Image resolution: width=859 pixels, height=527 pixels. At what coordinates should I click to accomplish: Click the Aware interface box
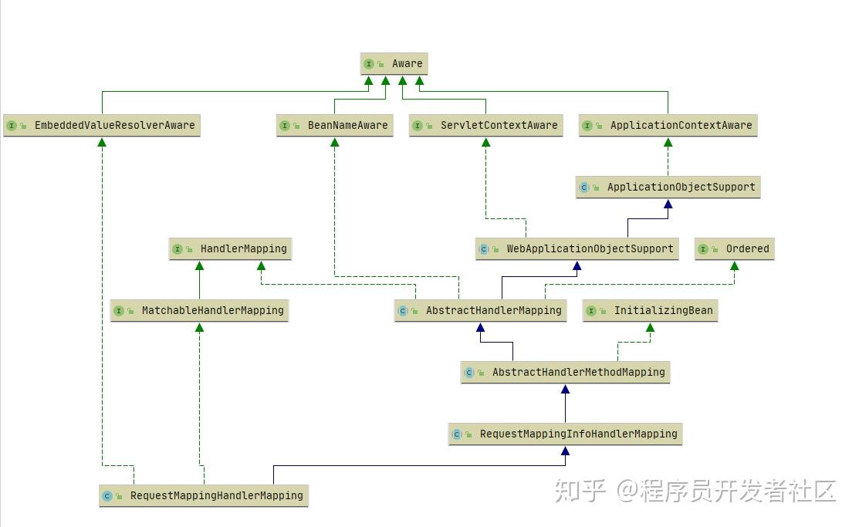pyautogui.click(x=394, y=63)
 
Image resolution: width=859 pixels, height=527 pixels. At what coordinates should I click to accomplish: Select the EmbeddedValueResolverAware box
pyautogui.click(x=101, y=125)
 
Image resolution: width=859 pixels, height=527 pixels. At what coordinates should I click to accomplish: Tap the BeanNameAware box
pyautogui.click(x=334, y=125)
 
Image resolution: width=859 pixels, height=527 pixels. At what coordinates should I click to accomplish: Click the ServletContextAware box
pyautogui.click(x=485, y=125)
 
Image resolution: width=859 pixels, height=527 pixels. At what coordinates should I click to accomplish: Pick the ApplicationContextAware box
pyautogui.click(x=668, y=125)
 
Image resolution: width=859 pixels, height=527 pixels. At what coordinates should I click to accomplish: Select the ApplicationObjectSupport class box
pyautogui.click(x=668, y=187)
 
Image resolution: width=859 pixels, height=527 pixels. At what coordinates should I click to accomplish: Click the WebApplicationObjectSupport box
pyautogui.click(x=577, y=248)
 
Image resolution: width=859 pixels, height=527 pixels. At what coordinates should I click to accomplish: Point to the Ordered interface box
pyautogui.click(x=734, y=248)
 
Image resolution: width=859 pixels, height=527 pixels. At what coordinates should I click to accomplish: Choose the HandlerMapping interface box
pyautogui.click(x=230, y=248)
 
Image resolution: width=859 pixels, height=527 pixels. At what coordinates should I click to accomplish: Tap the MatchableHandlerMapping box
pyautogui.click(x=199, y=310)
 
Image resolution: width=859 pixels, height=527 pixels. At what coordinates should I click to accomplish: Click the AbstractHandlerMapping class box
pyautogui.click(x=480, y=310)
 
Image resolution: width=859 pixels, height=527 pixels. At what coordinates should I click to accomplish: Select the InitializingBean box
pyautogui.click(x=650, y=310)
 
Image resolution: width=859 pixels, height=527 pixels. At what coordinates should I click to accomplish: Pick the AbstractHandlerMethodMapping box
pyautogui.click(x=565, y=372)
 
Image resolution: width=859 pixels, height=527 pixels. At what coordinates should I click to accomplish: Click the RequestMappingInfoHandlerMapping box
pyautogui.click(x=565, y=434)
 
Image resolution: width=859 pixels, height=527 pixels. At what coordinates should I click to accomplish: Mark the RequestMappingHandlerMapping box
pyautogui.click(x=204, y=495)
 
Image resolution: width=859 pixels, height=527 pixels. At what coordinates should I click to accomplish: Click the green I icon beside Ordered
pyautogui.click(x=704, y=249)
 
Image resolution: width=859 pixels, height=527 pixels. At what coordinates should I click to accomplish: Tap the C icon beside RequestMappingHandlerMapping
pyautogui.click(x=107, y=496)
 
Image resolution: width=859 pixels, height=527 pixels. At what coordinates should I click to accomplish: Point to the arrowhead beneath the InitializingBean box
pyautogui.click(x=650, y=327)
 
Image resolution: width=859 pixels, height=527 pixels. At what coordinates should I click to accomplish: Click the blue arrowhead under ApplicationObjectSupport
pyautogui.click(x=668, y=204)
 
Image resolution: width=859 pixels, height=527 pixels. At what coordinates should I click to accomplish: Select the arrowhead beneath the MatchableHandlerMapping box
pyautogui.click(x=199, y=327)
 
